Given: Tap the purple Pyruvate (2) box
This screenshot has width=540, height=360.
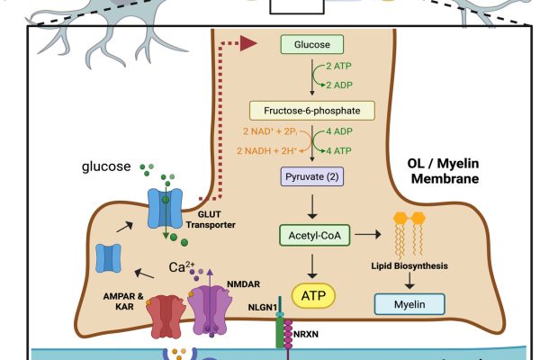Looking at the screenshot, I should coord(311,177).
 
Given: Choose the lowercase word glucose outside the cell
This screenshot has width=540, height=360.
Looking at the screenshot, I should coord(107,166).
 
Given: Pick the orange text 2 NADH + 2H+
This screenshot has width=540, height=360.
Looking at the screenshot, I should coord(263,149).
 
